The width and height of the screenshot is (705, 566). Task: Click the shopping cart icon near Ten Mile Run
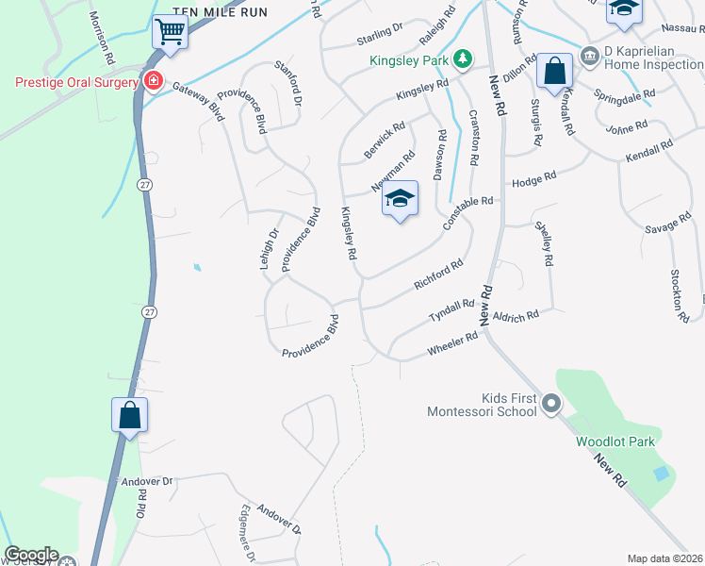pos(170,32)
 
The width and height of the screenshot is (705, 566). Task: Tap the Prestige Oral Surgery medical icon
pos(153,82)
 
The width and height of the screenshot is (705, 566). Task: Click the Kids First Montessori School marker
pos(551,404)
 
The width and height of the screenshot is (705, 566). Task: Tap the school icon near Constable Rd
pos(401,199)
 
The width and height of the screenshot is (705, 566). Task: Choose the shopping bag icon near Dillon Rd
pos(555,72)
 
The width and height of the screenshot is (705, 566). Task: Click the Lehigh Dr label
pos(270,249)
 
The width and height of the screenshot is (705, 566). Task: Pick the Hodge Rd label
pos(533,179)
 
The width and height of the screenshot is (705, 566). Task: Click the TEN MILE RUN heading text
pos(222,12)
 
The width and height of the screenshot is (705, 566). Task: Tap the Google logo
pos(31,555)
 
